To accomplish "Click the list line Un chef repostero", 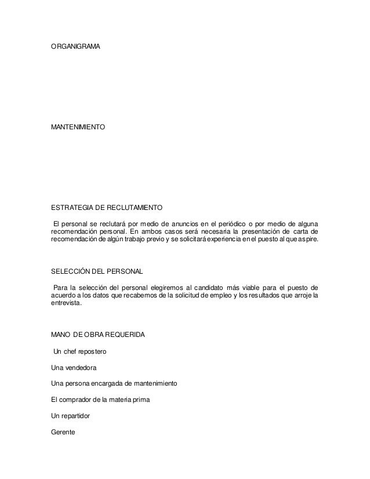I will pyautogui.click(x=79, y=351).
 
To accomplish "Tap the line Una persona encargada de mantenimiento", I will pyautogui.click(x=114, y=384).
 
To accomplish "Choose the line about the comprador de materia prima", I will pyautogui.click(x=100, y=400).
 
